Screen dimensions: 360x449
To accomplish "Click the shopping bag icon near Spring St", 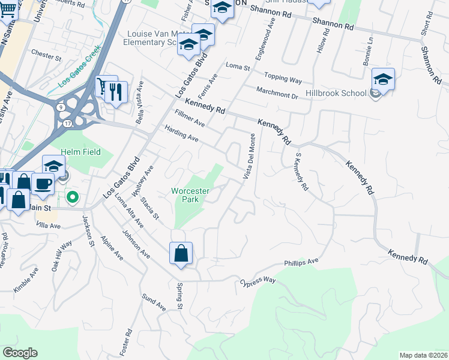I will point(181,253).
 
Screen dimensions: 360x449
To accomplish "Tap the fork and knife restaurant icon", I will point(117,92).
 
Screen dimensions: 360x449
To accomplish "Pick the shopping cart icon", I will point(106,86).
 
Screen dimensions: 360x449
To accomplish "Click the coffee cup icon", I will point(42,184).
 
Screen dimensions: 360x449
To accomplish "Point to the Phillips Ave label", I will point(301,263).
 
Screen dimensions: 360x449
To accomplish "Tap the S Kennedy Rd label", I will point(301,171).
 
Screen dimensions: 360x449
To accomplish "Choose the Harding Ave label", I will point(181,133).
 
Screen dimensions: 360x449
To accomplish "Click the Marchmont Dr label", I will point(277,92).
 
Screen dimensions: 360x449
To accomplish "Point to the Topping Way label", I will point(285,79).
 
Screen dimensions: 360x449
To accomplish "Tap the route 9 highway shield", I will point(62,107).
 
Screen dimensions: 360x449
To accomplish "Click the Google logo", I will point(20,353).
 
